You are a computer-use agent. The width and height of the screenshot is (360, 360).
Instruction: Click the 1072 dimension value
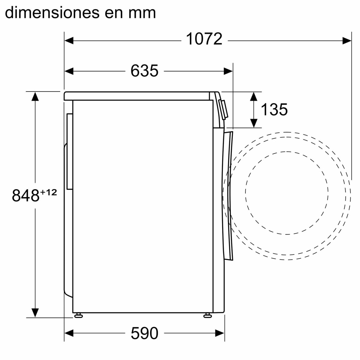204,39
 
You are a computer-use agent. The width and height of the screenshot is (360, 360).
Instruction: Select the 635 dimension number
144,71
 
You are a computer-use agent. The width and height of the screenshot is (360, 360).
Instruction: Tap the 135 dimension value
274,109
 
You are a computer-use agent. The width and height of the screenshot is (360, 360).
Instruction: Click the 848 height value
25,196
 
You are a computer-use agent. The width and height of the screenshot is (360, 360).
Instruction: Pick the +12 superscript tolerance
48,192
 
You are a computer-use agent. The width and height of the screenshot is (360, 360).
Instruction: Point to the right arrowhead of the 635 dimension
228,71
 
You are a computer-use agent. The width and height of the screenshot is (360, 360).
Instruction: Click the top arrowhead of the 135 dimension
254,97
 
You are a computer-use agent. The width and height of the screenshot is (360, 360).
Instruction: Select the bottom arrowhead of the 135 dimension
254,123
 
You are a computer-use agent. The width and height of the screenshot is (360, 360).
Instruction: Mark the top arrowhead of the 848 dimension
35,97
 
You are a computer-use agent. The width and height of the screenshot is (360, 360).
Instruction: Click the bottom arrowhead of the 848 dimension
35,312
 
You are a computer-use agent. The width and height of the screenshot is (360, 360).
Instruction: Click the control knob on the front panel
224,109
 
